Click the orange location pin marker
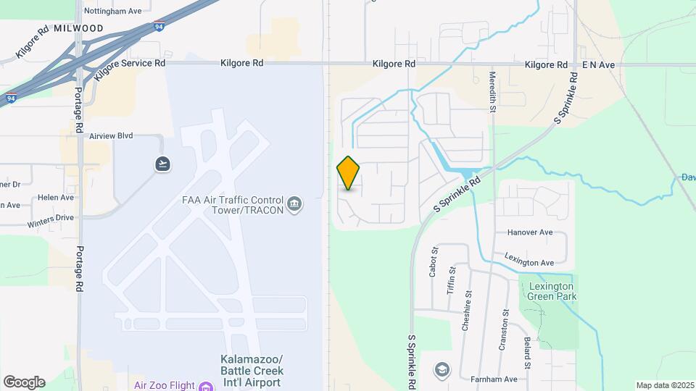coord(349,173)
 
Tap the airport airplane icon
coord(162,164)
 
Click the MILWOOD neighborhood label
coord(78,28)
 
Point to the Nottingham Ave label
coord(112,12)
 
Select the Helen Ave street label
coord(56,197)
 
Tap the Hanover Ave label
coord(530,233)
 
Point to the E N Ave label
coord(598,65)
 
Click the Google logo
coord(24,382)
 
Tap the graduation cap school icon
coord(441,370)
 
